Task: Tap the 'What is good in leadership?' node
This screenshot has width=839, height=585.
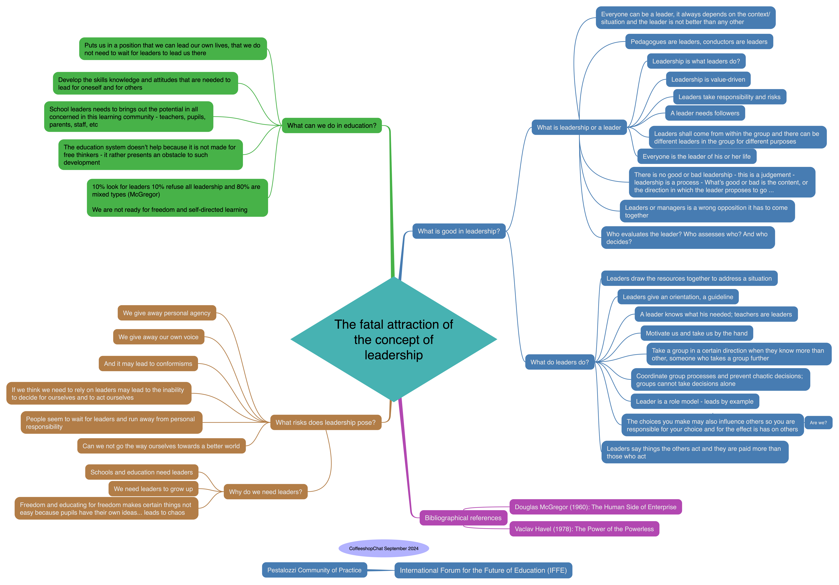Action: [459, 231]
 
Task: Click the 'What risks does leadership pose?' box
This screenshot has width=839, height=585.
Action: [325, 422]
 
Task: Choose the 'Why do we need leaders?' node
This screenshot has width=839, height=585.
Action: [265, 492]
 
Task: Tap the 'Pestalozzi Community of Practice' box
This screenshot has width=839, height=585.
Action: [314, 570]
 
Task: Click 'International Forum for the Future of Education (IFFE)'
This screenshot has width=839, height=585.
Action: [483, 570]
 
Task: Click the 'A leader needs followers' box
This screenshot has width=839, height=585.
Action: [705, 113]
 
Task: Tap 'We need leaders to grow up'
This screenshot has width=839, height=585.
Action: [153, 489]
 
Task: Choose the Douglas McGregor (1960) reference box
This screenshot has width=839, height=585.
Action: [595, 507]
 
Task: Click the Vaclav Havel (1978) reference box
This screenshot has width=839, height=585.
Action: [584, 529]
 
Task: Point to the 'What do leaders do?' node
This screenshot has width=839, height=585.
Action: [559, 362]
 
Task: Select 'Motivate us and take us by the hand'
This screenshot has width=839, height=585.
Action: [696, 333]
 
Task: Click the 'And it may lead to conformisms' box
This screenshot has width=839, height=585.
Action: [148, 364]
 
